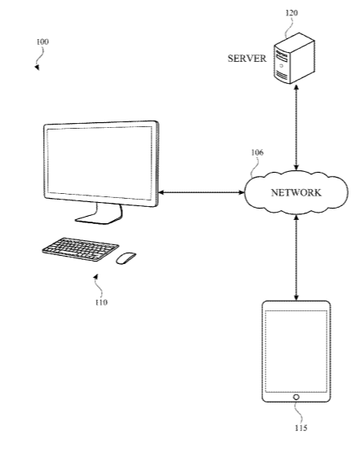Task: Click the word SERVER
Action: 247,59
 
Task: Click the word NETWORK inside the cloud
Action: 296,193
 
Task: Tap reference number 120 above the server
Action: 292,13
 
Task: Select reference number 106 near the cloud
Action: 257,152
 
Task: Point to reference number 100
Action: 42,42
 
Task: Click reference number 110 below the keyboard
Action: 101,302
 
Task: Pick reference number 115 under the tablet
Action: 301,428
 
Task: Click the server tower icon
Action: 294,58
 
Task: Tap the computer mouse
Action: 126,257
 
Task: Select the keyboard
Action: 81,249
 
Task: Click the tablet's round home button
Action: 296,398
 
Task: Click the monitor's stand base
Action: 99,218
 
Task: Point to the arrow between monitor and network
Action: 201,192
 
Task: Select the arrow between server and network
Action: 296,127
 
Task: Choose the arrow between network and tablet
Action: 296,258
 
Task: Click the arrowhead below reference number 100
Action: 37,68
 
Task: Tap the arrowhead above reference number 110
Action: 96,277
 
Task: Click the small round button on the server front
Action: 281,66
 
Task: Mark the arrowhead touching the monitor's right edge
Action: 161,192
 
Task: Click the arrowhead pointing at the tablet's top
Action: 296,298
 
